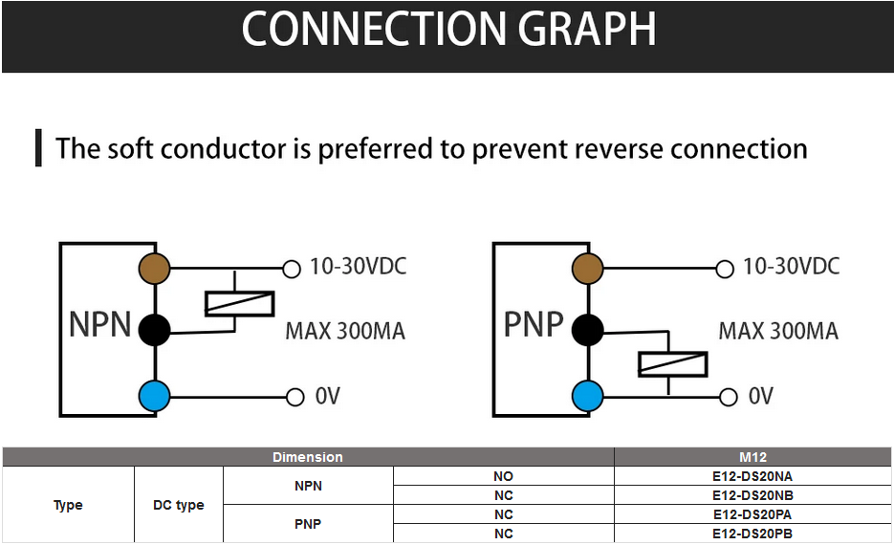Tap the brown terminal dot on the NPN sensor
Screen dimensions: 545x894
click(x=154, y=269)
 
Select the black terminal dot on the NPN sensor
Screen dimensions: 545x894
click(x=154, y=331)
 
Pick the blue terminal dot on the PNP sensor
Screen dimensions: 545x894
click(x=587, y=395)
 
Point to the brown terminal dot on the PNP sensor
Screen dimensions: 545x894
click(x=587, y=269)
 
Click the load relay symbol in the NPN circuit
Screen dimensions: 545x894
click(x=240, y=303)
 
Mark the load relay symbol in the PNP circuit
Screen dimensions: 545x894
click(x=673, y=364)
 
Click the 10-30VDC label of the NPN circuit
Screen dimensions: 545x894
click(x=358, y=267)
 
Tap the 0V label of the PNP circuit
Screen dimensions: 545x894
click(x=760, y=396)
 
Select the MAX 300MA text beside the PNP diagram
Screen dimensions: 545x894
click(x=778, y=332)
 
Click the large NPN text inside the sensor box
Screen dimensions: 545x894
click(x=99, y=325)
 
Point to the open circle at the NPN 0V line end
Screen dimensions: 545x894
click(x=293, y=396)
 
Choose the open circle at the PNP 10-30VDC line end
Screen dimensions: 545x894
click(x=725, y=269)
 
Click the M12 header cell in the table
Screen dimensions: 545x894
click(x=753, y=457)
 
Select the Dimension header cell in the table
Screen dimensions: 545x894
click(x=307, y=457)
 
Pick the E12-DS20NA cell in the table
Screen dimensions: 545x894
click(x=752, y=476)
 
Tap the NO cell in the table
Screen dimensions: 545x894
click(x=503, y=476)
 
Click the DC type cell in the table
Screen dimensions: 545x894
click(x=178, y=505)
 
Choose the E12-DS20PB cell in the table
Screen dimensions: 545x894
click(x=752, y=534)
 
